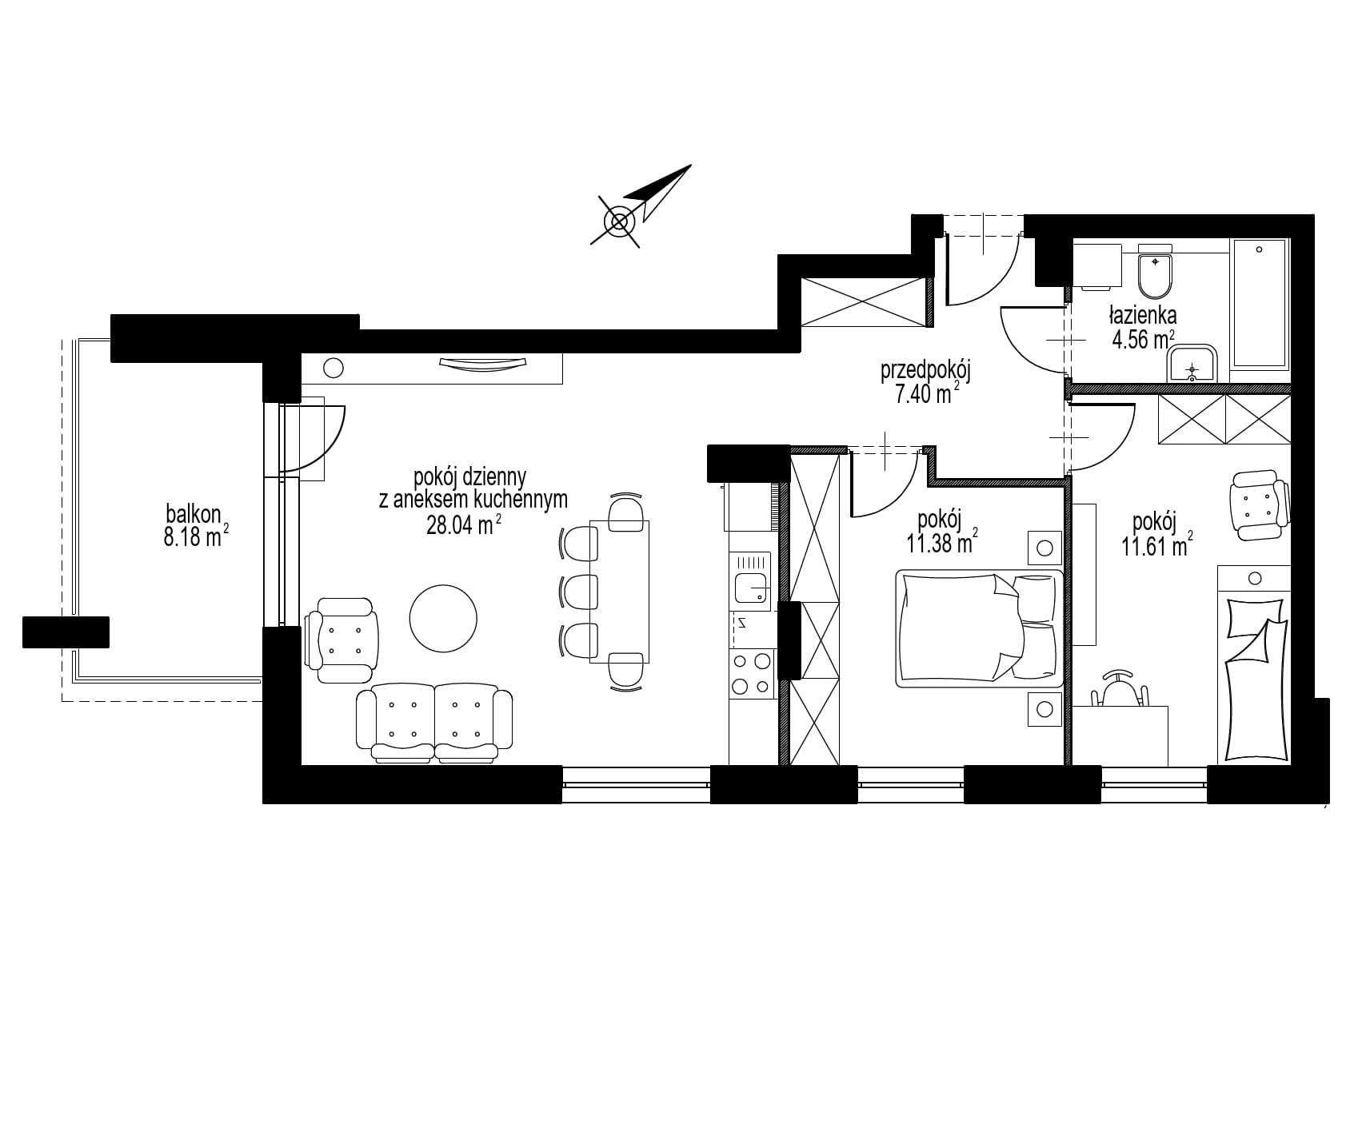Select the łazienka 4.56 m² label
tap(1142, 327)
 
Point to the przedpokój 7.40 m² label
tap(925, 382)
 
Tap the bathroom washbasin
tap(1192, 366)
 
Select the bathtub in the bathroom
tap(1260, 303)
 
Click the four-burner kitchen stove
tap(752, 673)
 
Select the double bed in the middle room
tap(980, 628)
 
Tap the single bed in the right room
tap(1253, 663)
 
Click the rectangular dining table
tap(620, 591)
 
